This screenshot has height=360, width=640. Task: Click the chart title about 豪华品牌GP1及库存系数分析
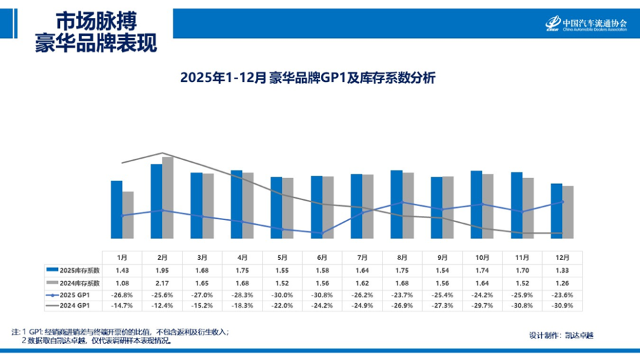(x=307, y=78)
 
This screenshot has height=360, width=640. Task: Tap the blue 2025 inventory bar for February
(x=157, y=201)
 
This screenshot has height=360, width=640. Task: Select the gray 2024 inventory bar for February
(x=168, y=197)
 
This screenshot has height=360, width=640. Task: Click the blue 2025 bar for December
(x=556, y=211)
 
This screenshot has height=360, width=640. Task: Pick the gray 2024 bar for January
(x=128, y=215)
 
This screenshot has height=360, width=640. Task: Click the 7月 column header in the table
(x=363, y=257)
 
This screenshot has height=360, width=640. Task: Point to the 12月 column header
(x=562, y=257)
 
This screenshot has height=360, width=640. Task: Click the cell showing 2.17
(x=162, y=282)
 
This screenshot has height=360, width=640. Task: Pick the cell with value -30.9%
(x=562, y=306)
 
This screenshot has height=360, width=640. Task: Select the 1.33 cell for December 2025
(x=562, y=270)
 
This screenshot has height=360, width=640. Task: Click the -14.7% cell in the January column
(x=122, y=306)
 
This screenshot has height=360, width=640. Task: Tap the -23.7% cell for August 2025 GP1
(x=402, y=294)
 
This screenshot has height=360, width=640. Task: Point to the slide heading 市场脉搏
(x=97, y=19)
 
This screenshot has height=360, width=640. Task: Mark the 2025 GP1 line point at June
(x=323, y=234)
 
